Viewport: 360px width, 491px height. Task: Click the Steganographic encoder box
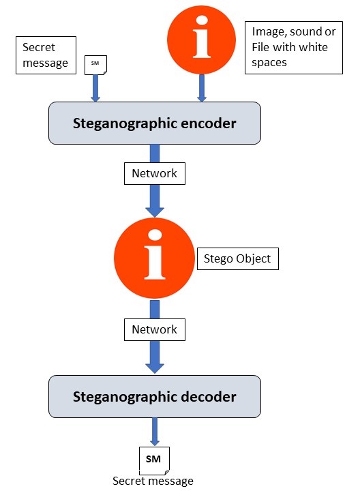pos(154,123)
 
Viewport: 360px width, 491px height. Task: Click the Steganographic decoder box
pos(154,396)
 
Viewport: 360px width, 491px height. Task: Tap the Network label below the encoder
pos(155,173)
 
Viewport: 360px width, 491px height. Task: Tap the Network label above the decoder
pos(155,329)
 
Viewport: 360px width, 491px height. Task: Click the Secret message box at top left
pos(46,56)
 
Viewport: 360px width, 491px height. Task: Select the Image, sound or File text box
pos(293,47)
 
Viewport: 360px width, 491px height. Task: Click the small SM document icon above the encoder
pos(95,65)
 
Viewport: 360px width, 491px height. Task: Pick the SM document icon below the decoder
pos(153,459)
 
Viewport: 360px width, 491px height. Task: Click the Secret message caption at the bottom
pos(153,481)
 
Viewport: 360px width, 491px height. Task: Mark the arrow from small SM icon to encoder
pos(95,87)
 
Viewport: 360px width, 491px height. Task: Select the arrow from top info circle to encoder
pos(202,89)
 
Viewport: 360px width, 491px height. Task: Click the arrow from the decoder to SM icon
pos(154,431)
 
